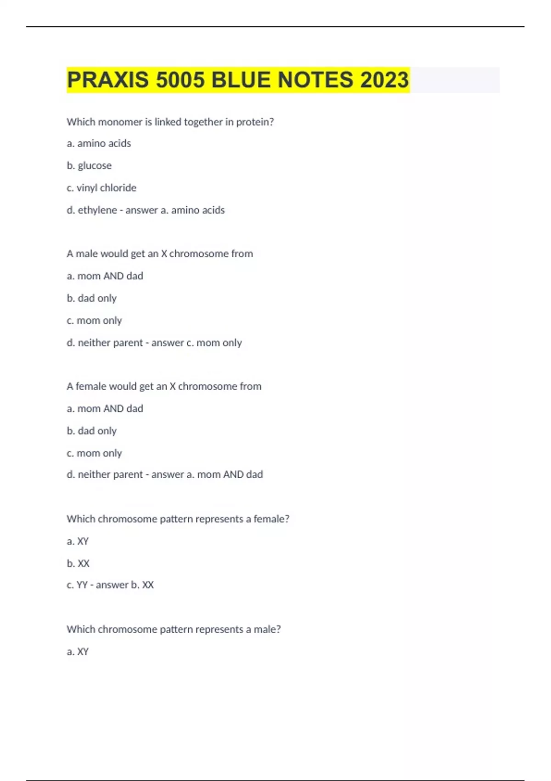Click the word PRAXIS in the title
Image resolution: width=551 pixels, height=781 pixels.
click(108, 80)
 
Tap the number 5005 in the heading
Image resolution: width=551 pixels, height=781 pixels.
click(180, 80)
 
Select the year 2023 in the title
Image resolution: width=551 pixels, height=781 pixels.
click(384, 80)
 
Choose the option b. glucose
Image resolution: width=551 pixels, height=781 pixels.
click(89, 165)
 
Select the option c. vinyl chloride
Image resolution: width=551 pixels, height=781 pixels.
click(101, 187)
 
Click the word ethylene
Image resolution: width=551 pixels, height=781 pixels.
click(97, 210)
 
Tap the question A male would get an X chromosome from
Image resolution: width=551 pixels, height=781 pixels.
click(159, 254)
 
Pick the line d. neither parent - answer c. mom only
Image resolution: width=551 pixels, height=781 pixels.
click(154, 343)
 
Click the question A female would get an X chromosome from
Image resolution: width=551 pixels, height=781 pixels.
click(163, 386)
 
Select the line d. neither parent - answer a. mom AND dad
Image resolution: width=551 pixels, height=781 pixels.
click(164, 475)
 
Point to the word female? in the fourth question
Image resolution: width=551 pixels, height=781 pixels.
click(271, 519)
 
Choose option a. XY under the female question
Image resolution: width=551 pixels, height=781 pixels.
click(78, 541)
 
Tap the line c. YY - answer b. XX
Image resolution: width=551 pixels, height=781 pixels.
click(110, 585)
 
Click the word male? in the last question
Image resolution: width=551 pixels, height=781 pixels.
click(267, 629)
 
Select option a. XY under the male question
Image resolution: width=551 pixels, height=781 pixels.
click(78, 651)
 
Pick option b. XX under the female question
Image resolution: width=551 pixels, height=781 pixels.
click(78, 563)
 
